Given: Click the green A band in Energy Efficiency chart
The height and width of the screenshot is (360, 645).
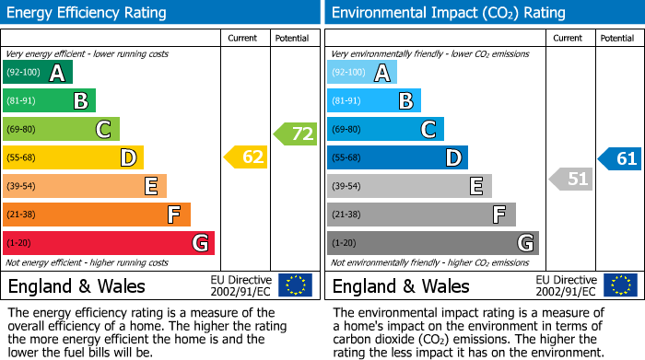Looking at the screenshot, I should (x=38, y=73).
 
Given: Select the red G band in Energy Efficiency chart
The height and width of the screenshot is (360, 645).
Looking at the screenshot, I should (x=109, y=243).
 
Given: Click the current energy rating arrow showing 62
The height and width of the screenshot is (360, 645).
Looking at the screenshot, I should (x=246, y=157).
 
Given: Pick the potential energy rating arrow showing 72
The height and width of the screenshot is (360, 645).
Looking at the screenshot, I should (x=295, y=134).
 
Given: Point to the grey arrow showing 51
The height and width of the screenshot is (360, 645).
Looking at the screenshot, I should (x=571, y=179).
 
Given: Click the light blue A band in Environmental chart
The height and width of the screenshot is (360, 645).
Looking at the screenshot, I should (x=362, y=73).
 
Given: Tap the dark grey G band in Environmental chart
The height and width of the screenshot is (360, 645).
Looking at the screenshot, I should (x=433, y=243).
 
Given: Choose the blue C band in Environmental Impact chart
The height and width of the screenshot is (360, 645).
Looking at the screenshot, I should (x=385, y=129).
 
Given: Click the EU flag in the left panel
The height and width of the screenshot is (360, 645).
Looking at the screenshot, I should (x=295, y=285).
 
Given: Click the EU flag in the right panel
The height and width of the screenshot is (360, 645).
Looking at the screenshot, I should (x=620, y=285).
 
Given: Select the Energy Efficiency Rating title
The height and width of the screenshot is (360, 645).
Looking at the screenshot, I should (x=87, y=13).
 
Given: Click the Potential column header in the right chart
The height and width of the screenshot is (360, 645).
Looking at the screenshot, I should (x=616, y=38).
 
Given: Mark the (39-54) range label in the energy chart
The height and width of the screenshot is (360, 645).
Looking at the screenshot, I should (x=20, y=186).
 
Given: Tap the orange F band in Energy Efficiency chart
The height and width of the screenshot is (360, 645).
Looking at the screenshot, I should (x=97, y=215).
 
